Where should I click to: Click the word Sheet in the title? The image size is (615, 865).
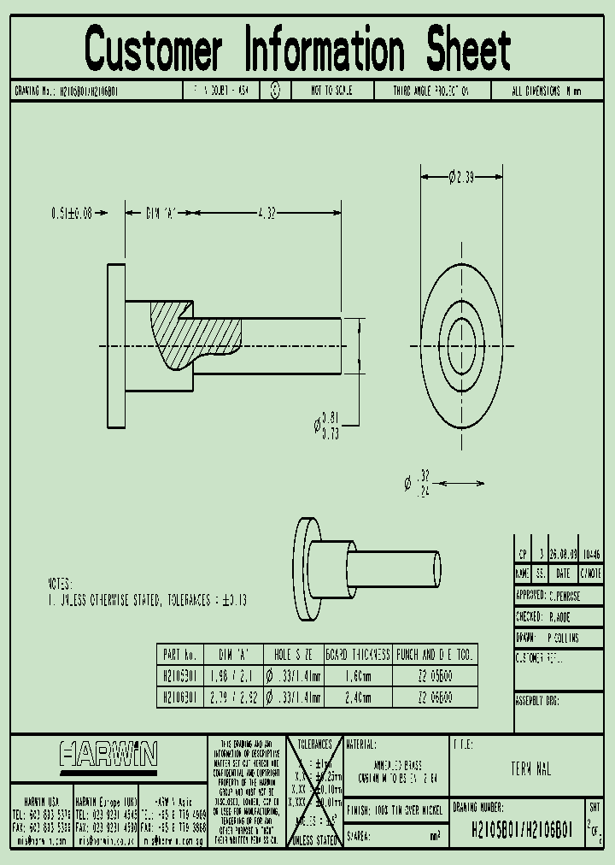tap(468, 50)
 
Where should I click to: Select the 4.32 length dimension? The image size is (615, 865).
tap(266, 214)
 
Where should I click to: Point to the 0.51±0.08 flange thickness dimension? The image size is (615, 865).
tap(71, 214)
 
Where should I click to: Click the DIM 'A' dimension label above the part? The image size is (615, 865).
tap(159, 214)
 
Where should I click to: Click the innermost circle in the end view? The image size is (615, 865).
tap(461, 344)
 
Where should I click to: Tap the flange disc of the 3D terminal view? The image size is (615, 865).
tap(306, 568)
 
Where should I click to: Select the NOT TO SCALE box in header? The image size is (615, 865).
tap(331, 91)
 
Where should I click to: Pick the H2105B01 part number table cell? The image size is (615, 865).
tap(179, 674)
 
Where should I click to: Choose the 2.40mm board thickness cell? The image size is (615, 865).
tap(358, 697)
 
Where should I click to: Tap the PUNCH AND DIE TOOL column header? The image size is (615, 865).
tap(436, 655)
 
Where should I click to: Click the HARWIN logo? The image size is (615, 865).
tap(108, 755)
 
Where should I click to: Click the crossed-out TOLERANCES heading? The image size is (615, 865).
tap(313, 744)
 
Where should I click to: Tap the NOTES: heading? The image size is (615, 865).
tap(61, 583)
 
